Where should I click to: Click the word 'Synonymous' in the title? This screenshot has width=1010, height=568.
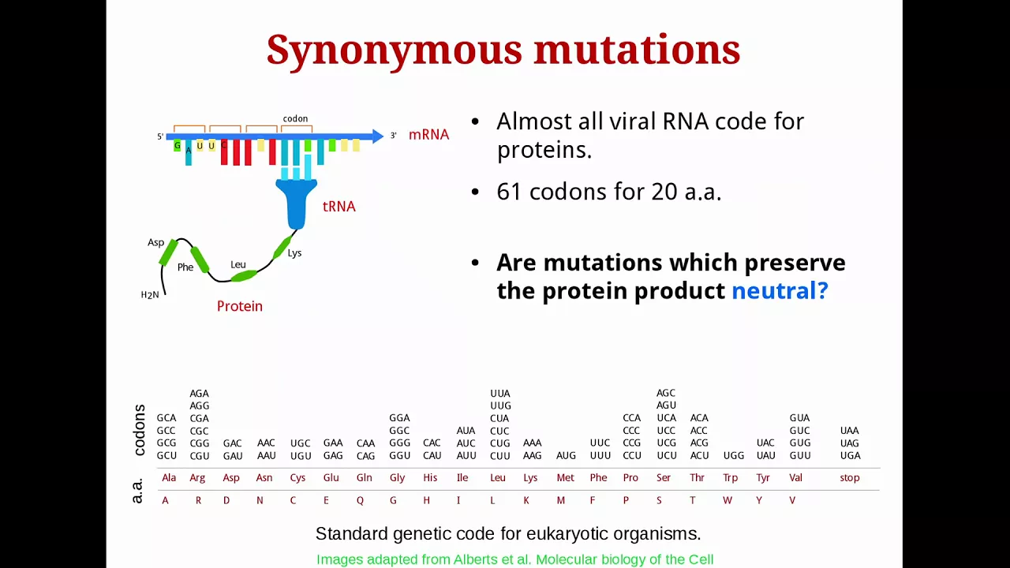tap(394, 50)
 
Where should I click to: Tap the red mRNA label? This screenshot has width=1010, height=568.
tap(428, 134)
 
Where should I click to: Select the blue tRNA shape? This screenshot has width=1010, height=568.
tap(296, 204)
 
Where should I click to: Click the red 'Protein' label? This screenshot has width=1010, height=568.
tap(239, 306)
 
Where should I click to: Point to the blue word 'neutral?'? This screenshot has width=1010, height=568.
tap(780, 290)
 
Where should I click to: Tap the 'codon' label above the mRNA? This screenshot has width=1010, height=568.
tap(295, 118)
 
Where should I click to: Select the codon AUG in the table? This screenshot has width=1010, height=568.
tap(566, 455)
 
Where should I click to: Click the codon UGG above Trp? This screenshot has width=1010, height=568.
tap(734, 455)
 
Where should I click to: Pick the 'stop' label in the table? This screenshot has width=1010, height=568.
tap(850, 477)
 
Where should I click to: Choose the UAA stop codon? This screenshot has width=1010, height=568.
tap(850, 431)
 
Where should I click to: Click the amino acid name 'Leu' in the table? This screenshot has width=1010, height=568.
tap(498, 477)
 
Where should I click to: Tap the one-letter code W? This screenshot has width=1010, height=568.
tap(728, 500)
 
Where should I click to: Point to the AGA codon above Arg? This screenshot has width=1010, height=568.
tap(200, 394)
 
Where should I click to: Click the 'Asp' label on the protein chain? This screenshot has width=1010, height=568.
tap(156, 242)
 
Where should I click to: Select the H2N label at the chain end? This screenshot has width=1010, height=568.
tap(150, 295)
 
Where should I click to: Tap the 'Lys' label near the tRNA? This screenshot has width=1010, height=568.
tap(294, 253)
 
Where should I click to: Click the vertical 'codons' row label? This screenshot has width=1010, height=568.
tap(140, 430)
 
